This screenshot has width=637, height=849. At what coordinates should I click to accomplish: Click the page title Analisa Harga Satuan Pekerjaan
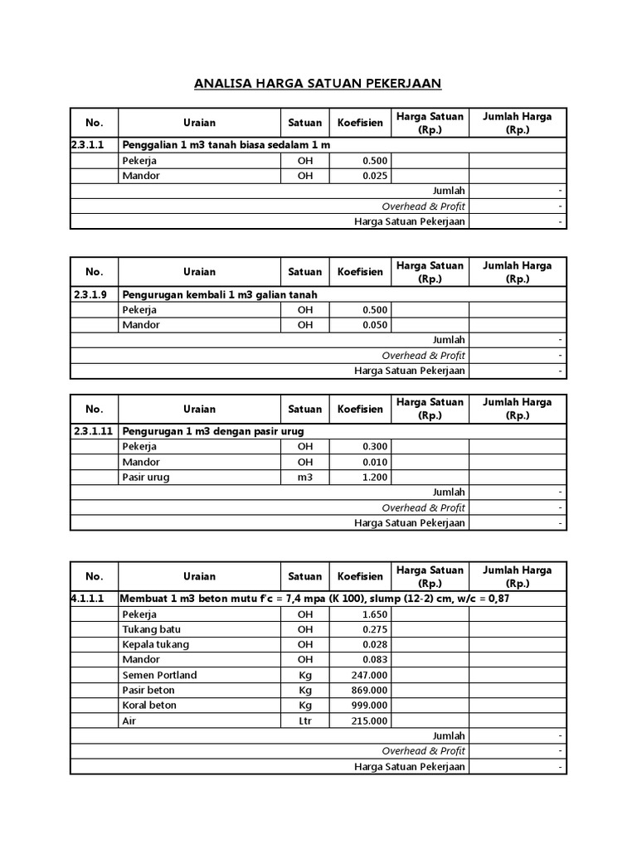point(318,84)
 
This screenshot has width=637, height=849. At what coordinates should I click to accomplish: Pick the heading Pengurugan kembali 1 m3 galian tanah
point(220,294)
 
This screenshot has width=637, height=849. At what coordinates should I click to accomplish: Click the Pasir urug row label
point(145,477)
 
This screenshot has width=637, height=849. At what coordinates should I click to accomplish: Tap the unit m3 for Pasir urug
point(305,477)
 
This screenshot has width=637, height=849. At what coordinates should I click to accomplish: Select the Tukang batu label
point(151,629)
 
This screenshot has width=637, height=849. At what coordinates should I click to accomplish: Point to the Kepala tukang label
point(155,644)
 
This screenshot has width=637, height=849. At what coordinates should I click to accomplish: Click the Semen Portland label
point(159,675)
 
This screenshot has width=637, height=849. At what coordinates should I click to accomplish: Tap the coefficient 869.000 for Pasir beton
point(369,690)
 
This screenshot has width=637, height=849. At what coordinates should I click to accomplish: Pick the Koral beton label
point(149,705)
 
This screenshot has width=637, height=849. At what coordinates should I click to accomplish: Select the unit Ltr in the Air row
point(305,720)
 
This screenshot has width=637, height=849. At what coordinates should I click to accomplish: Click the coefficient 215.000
point(369,720)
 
